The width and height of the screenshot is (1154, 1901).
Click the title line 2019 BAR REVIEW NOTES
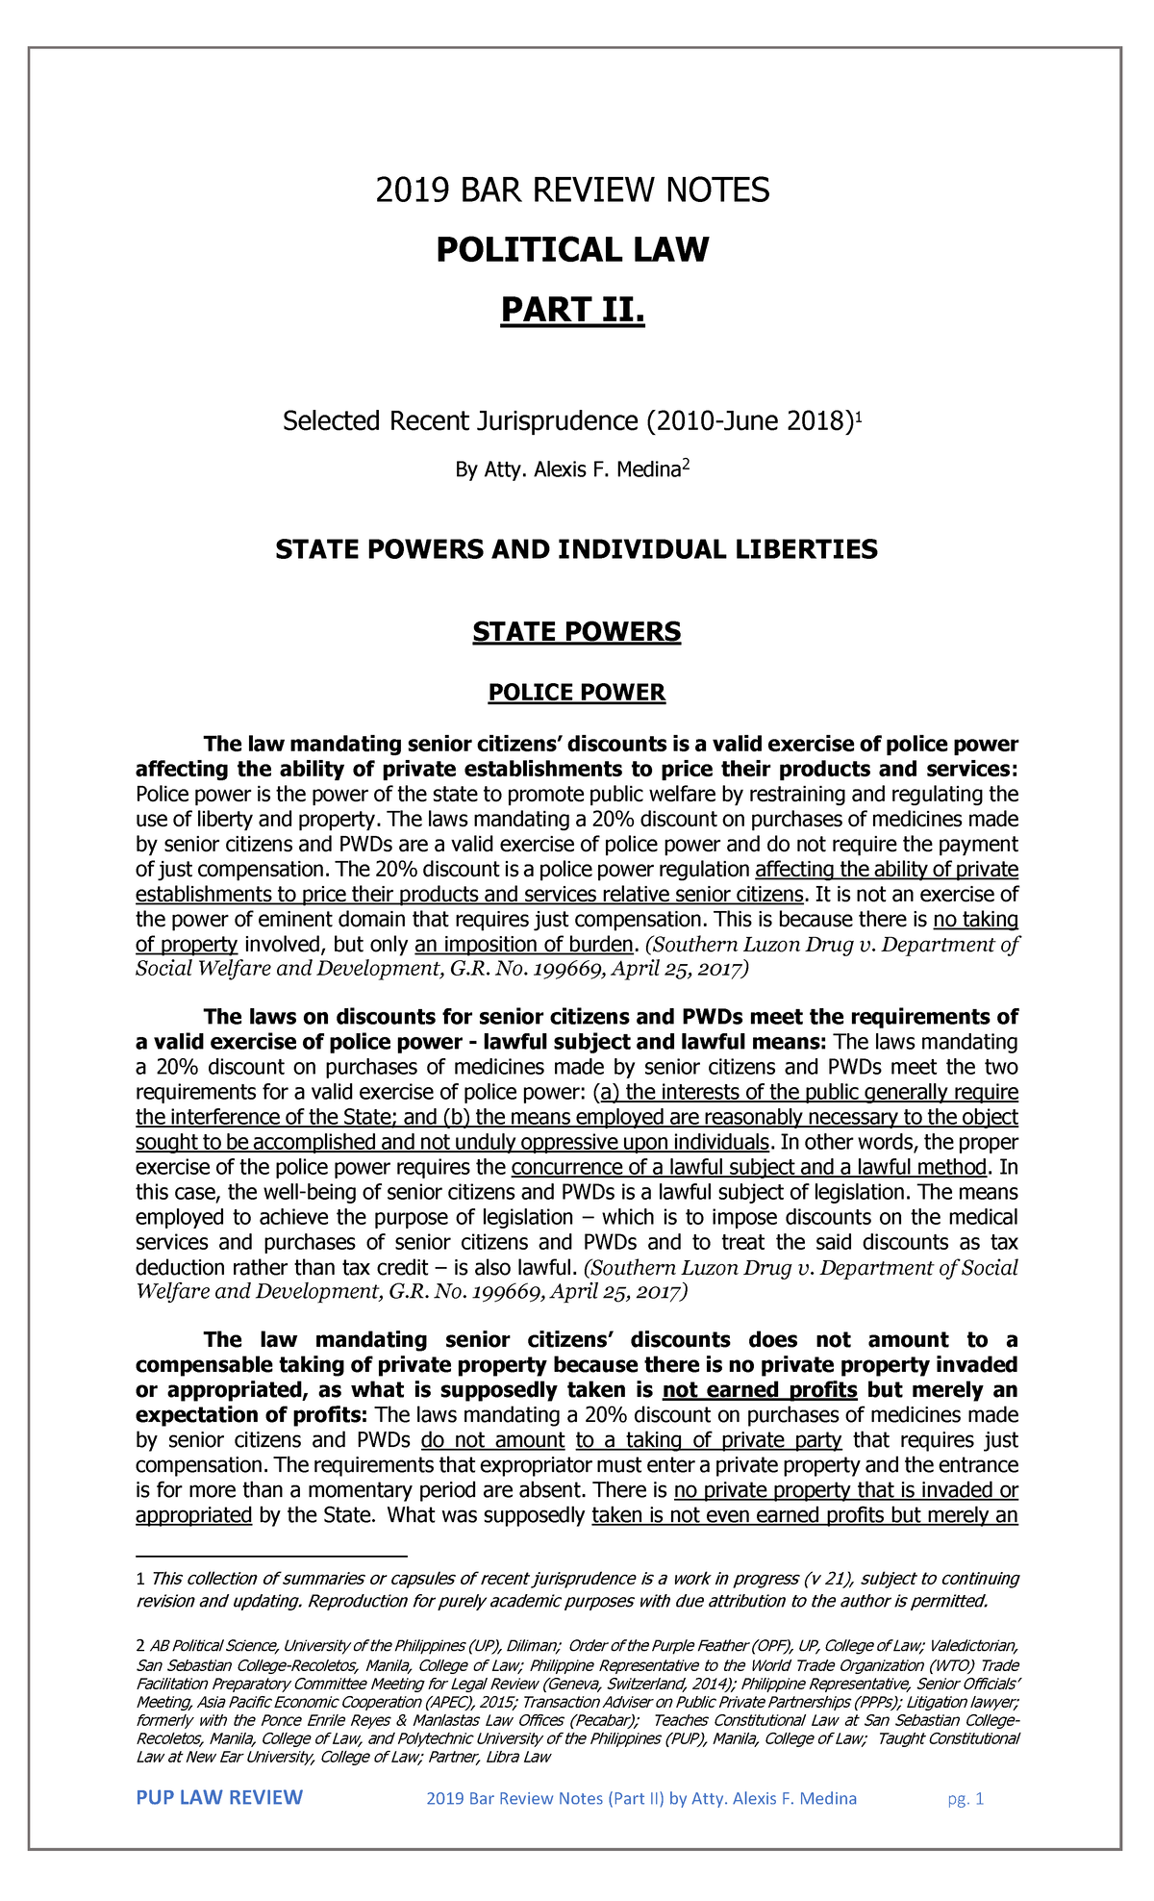click(x=572, y=190)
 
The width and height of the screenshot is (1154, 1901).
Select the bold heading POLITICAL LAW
click(x=572, y=250)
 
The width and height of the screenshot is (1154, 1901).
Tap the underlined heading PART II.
click(x=572, y=311)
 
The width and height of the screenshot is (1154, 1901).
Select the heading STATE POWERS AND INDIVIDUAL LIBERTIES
click(x=576, y=549)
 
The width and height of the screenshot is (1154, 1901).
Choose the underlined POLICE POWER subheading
click(x=576, y=693)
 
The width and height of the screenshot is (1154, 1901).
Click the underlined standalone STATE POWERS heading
click(x=576, y=632)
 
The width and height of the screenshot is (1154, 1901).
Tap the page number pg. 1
click(x=966, y=1799)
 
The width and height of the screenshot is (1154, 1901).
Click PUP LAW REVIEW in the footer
click(x=219, y=1798)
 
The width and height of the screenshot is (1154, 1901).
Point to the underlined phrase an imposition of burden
click(x=524, y=944)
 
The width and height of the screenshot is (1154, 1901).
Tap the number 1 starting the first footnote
click(x=141, y=1579)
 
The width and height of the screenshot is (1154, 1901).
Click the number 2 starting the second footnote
click(x=141, y=1646)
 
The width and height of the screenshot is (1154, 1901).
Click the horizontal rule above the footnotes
click(x=272, y=1555)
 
